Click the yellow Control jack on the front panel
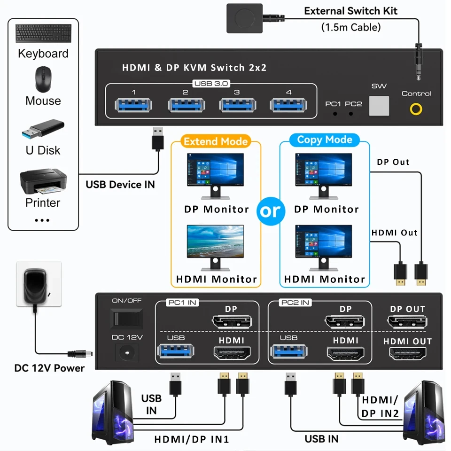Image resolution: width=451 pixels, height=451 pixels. (416, 109)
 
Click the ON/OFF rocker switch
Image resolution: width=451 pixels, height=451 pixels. (126, 319)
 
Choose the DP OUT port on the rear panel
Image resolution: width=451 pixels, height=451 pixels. (407, 322)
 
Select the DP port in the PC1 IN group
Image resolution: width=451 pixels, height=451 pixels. (231, 322)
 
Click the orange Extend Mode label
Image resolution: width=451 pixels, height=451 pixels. (216, 141)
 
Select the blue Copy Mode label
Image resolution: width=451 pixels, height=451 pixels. (325, 140)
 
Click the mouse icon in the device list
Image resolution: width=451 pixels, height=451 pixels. (43, 79)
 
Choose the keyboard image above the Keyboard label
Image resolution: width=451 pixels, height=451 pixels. (43, 33)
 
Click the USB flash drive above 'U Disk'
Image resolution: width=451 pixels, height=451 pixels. (43, 129)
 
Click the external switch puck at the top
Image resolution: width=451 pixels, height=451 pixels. (244, 18)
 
